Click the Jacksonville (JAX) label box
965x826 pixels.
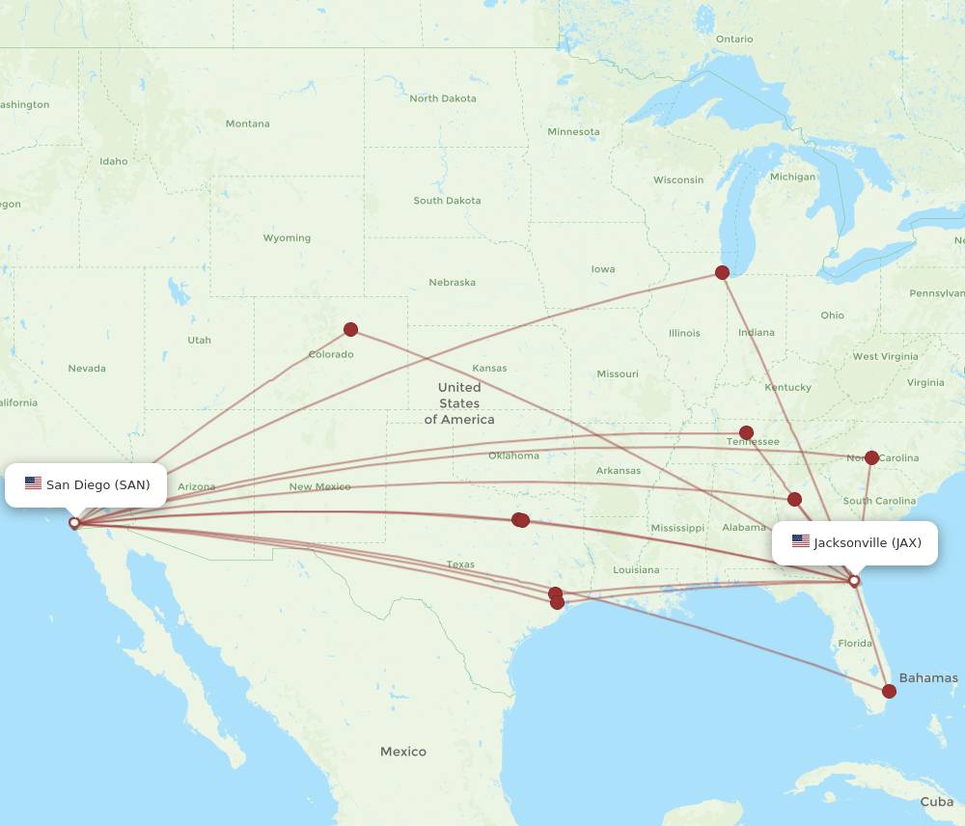click(855, 542)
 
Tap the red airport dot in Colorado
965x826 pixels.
click(350, 329)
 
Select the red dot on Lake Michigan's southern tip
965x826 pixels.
click(722, 272)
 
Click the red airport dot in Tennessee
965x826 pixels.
click(746, 432)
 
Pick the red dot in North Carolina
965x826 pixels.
click(871, 457)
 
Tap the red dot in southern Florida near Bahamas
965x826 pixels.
click(889, 691)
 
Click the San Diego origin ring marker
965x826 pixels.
click(74, 523)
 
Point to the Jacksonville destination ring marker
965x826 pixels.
click(854, 580)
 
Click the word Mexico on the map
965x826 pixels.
click(402, 752)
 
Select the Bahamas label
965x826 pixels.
click(928, 677)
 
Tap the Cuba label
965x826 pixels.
click(936, 802)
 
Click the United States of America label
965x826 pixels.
click(458, 403)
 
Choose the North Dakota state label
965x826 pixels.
click(443, 98)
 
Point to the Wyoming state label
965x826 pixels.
click(287, 237)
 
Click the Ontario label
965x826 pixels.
click(733, 39)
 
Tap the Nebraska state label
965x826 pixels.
click(452, 283)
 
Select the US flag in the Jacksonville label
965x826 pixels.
click(801, 542)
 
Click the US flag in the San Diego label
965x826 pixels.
click(34, 484)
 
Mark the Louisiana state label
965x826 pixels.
click(636, 570)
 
